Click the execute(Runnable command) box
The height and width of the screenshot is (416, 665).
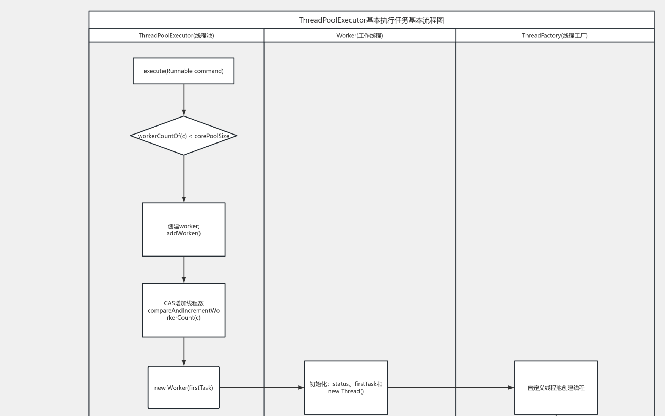pyautogui.click(x=184, y=71)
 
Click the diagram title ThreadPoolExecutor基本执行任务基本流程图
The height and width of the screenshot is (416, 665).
pyautogui.click(x=371, y=20)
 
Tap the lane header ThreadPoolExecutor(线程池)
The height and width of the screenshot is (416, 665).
pyautogui.click(x=176, y=35)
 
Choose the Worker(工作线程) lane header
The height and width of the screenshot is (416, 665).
pyautogui.click(x=360, y=35)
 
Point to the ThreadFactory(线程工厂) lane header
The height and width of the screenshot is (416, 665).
pyautogui.click(x=555, y=35)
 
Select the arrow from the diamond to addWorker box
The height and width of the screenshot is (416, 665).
pyautogui.click(x=184, y=179)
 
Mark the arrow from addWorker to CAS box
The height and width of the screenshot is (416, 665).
pyautogui.click(x=184, y=270)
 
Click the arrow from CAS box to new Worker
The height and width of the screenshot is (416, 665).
pyautogui.click(x=184, y=351)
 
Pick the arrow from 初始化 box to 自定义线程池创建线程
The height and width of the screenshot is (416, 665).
pyautogui.click(x=450, y=388)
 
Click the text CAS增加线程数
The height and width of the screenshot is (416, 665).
pyautogui.click(x=184, y=303)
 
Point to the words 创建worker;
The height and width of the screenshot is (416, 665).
pyautogui.click(x=184, y=226)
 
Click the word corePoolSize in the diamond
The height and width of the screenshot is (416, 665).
pyautogui.click(x=212, y=136)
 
